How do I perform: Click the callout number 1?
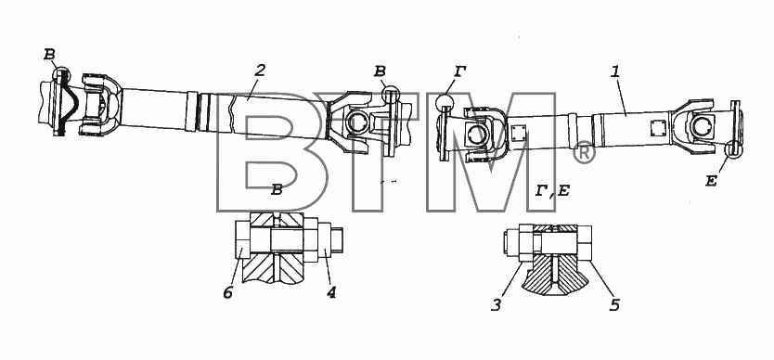coord(615,71)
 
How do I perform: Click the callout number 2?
coord(261,70)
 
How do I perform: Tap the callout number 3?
coord(497,305)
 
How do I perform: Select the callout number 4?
coord(331,293)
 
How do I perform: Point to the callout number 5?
coord(613,304)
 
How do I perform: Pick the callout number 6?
coord(227,293)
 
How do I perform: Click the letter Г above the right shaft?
coord(459,72)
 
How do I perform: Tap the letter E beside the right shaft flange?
coord(711,182)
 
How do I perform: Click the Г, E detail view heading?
coord(552,190)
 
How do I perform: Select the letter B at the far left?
coord(49,55)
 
